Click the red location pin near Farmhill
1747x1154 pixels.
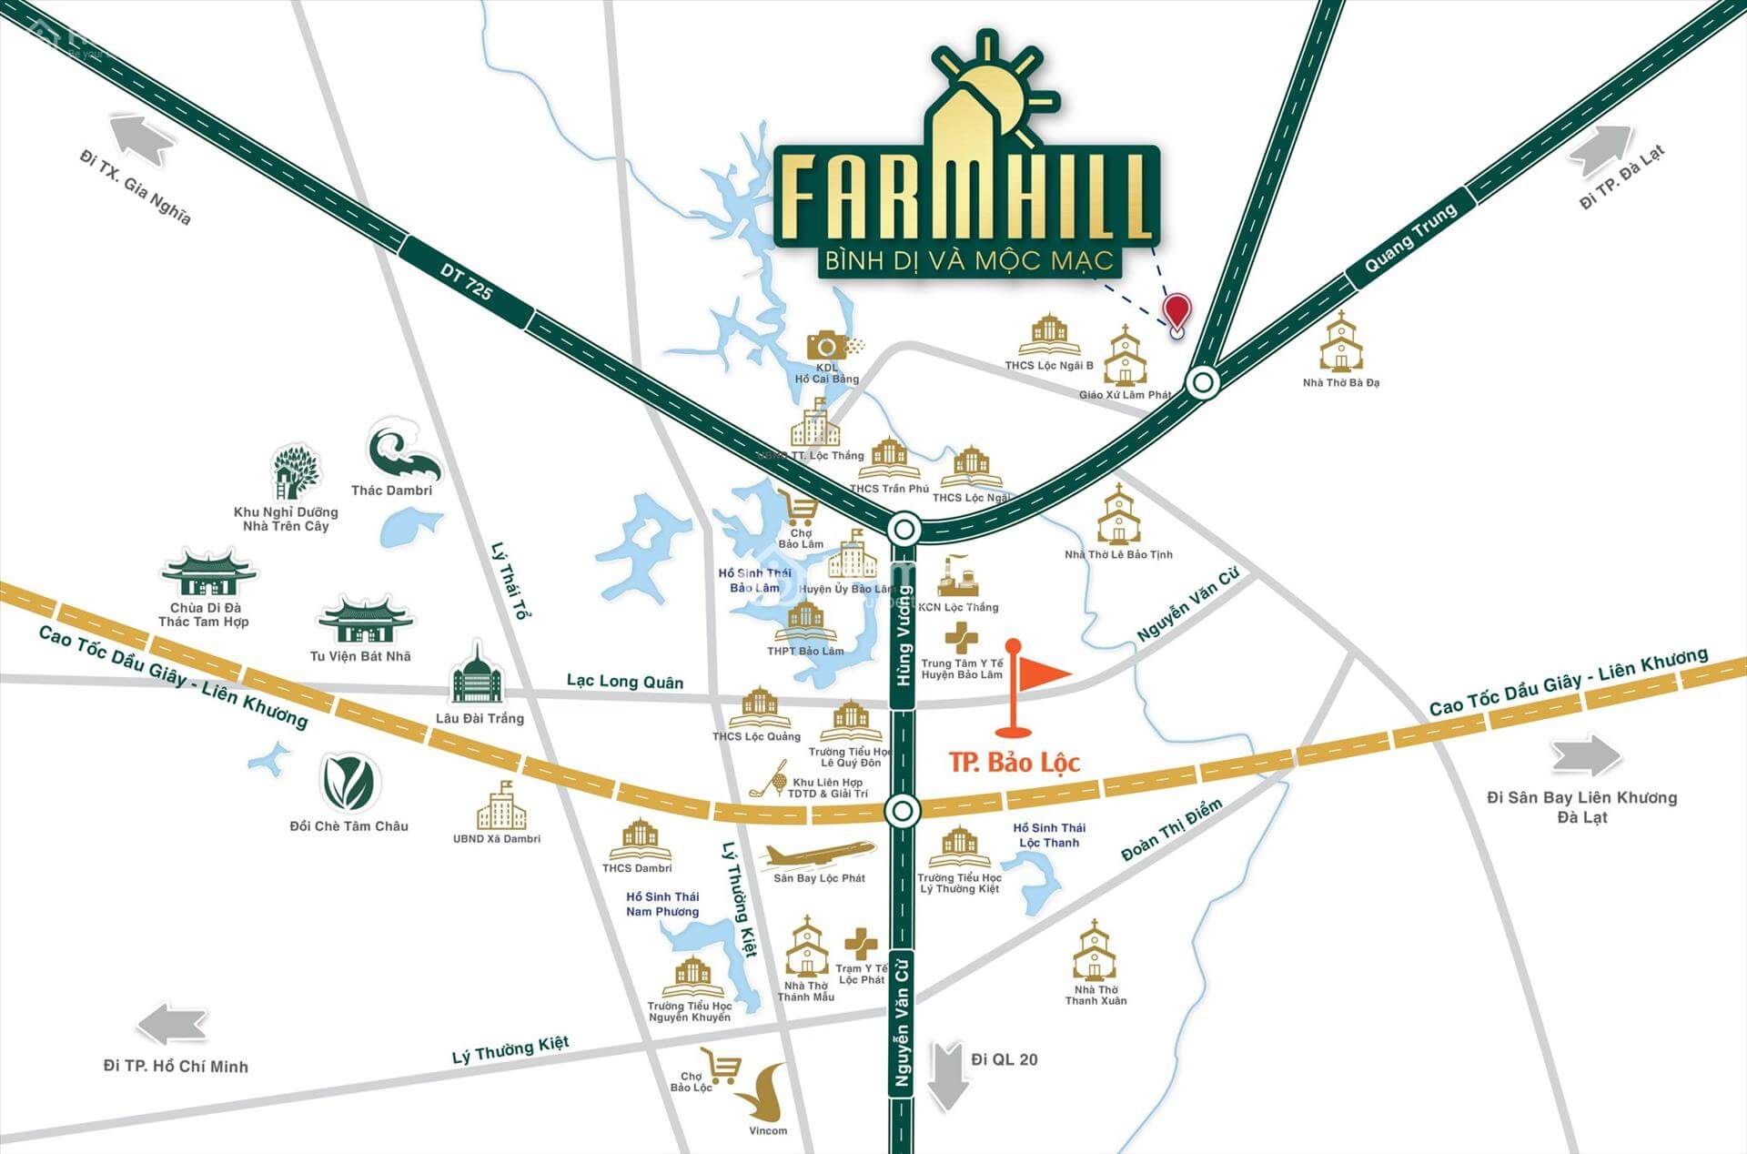click(1177, 311)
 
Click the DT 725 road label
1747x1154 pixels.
click(466, 282)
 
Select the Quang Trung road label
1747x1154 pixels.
click(1410, 238)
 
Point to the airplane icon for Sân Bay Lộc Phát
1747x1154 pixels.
click(818, 855)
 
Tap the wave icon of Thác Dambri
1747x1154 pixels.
click(402, 451)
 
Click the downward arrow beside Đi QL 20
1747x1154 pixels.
click(948, 1076)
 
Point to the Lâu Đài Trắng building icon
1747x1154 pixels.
click(478, 676)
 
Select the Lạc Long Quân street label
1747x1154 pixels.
click(624, 681)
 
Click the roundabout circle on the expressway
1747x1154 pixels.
click(903, 809)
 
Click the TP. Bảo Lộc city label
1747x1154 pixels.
click(1014, 762)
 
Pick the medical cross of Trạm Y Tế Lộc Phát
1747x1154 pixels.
click(860, 945)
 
